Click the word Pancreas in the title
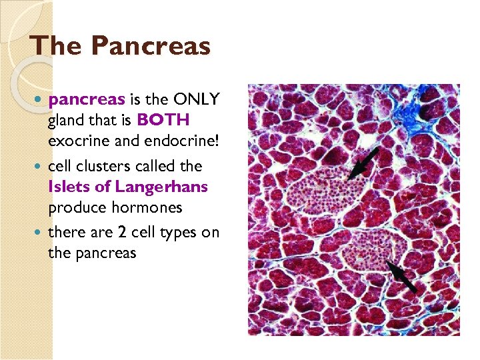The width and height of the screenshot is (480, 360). tap(151, 46)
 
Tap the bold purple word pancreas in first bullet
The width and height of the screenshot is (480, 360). tap(87, 99)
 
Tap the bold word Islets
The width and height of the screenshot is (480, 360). tap(68, 187)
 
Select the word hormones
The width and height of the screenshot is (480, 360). tap(147, 207)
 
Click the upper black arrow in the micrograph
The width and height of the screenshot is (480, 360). tap(363, 164)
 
